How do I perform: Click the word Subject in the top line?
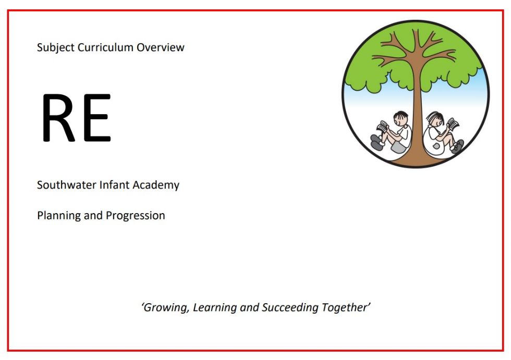56,48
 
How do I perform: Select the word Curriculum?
105,47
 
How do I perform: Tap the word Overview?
161,47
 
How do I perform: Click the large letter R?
58,118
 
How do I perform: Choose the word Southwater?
67,185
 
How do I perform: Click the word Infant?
114,185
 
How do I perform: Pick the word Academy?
156,185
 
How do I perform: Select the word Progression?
135,216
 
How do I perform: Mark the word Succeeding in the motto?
290,307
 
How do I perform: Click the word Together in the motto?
345,307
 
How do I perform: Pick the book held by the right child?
453,123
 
